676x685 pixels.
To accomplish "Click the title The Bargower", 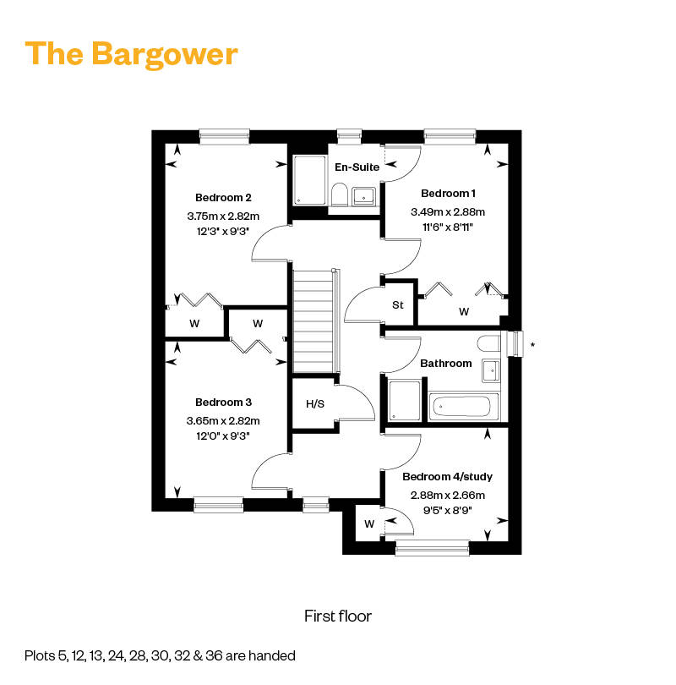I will click(x=132, y=53).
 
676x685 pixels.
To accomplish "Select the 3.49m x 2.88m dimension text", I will click(x=448, y=212).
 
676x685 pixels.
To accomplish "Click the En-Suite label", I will click(x=357, y=167).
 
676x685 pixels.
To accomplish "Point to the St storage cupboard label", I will click(x=398, y=305).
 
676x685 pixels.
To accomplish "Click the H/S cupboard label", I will click(x=315, y=403).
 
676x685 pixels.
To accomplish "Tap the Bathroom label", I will click(x=446, y=364).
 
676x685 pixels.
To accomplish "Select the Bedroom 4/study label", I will click(x=448, y=476).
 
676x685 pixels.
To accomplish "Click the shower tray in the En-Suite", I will click(x=310, y=180).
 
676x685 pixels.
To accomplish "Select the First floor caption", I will click(x=338, y=616).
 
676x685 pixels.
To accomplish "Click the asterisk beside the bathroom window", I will click(x=532, y=345).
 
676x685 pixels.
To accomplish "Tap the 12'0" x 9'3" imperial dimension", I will click(x=223, y=436).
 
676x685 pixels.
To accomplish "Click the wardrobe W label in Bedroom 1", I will click(x=464, y=312).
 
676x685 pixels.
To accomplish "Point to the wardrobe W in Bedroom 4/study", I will click(x=368, y=524).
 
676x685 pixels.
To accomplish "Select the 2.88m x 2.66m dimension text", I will click(x=448, y=496).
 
